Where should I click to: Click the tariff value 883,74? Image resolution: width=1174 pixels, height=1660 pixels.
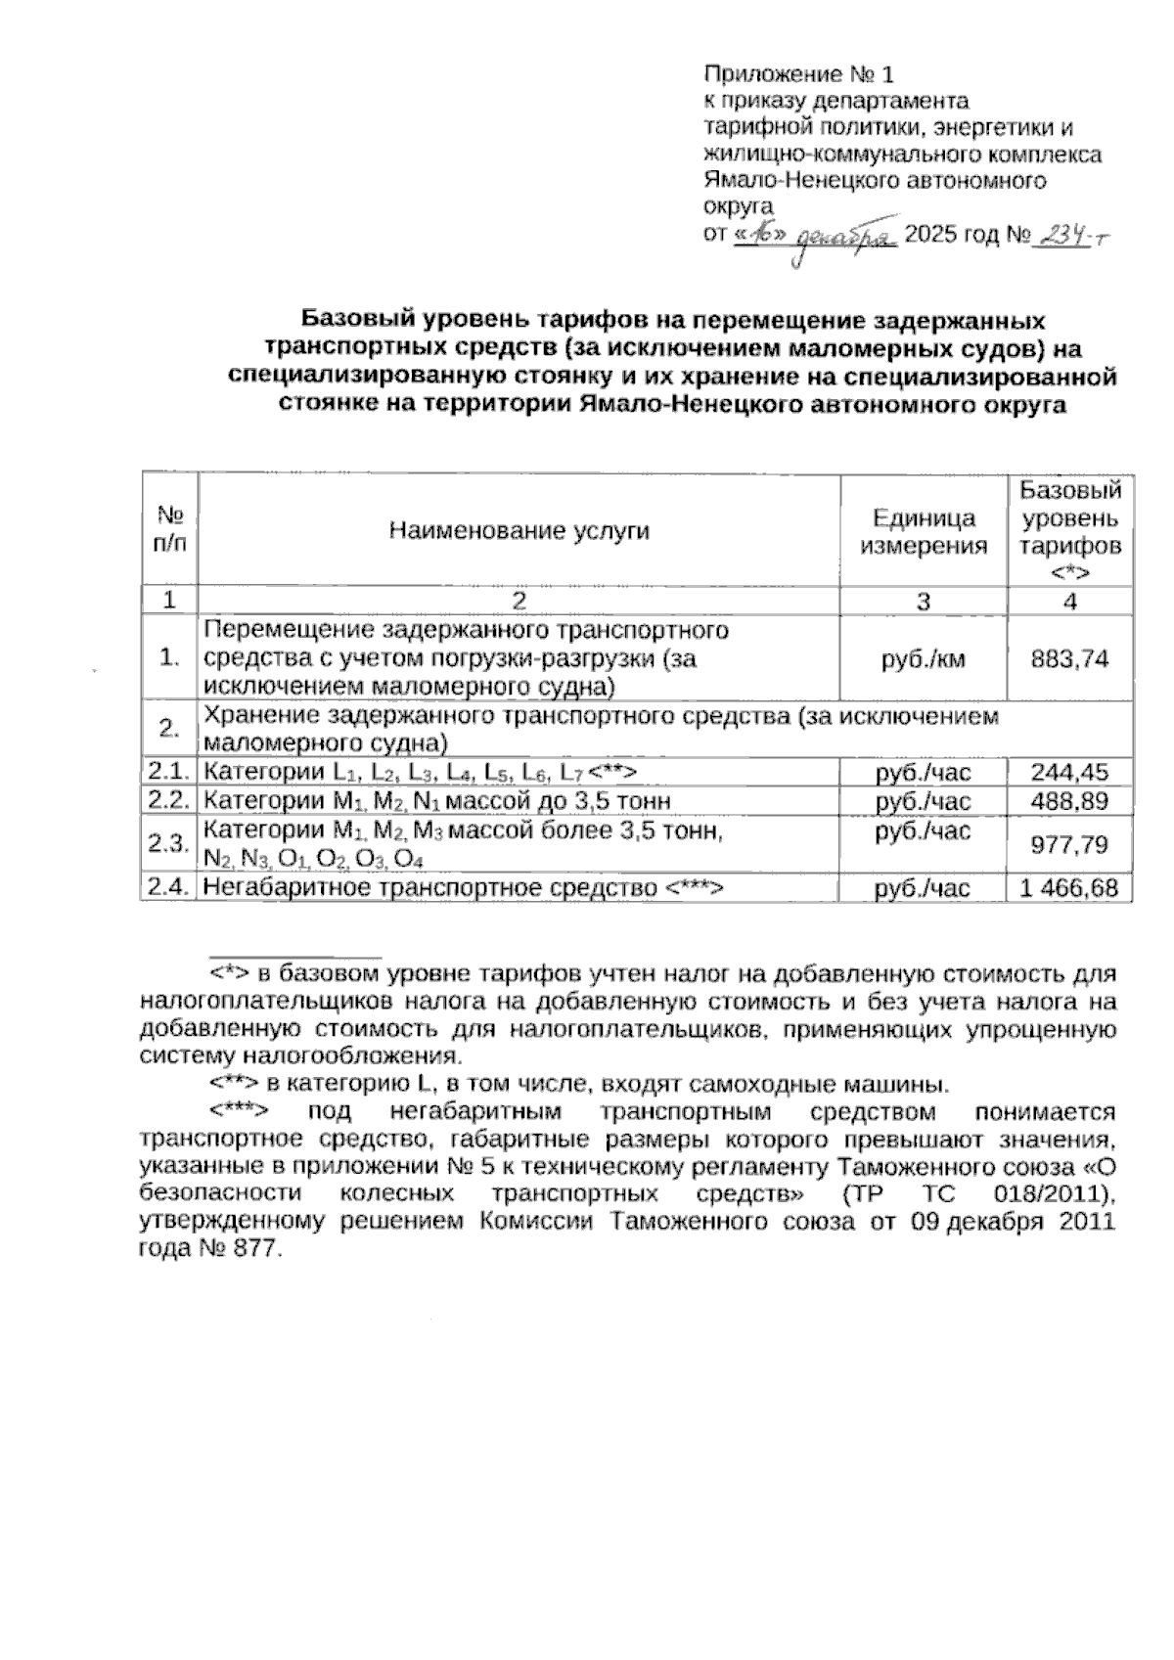coord(1069,658)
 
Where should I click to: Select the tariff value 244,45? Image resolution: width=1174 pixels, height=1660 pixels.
coord(1069,773)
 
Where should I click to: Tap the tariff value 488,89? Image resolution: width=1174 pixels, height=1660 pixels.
coord(1069,802)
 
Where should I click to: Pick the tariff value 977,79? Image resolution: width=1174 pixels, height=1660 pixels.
coord(1069,844)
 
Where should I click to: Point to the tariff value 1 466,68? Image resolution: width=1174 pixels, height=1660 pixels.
coord(1069,888)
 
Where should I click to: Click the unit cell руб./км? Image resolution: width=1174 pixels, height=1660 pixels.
coord(923,658)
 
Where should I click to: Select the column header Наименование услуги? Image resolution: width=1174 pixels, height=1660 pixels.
coord(519,530)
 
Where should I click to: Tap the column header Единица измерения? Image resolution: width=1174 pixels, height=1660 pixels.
coord(923,531)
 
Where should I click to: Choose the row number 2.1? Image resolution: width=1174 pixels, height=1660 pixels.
coord(168,773)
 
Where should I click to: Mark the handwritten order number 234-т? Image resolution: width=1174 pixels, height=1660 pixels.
coord(1073,235)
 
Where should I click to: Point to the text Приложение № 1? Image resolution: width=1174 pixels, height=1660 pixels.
coord(799,74)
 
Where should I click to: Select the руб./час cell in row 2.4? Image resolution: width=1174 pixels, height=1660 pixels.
coord(923,888)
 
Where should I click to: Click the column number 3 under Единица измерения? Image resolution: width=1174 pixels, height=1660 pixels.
coord(923,601)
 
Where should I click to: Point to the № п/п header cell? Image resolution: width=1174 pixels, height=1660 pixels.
coord(170,530)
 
